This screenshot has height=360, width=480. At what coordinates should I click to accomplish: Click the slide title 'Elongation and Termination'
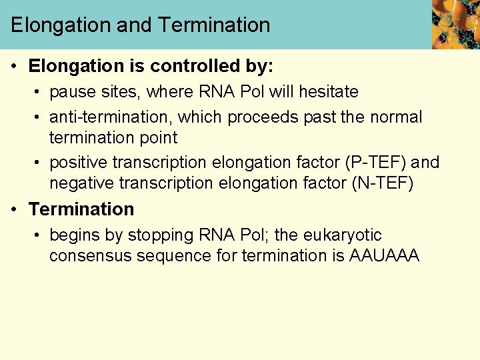[x=141, y=25]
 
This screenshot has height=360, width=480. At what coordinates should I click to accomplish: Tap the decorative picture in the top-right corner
[x=455, y=25]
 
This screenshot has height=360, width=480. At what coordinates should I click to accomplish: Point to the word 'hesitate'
[x=328, y=92]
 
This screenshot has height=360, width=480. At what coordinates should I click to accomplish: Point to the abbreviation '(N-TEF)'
[x=382, y=183]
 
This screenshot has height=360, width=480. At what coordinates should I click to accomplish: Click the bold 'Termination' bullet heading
[x=81, y=209]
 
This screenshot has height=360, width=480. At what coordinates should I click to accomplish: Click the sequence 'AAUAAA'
[x=384, y=256]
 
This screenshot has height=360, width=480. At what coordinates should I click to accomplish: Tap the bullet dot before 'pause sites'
[x=40, y=92]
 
